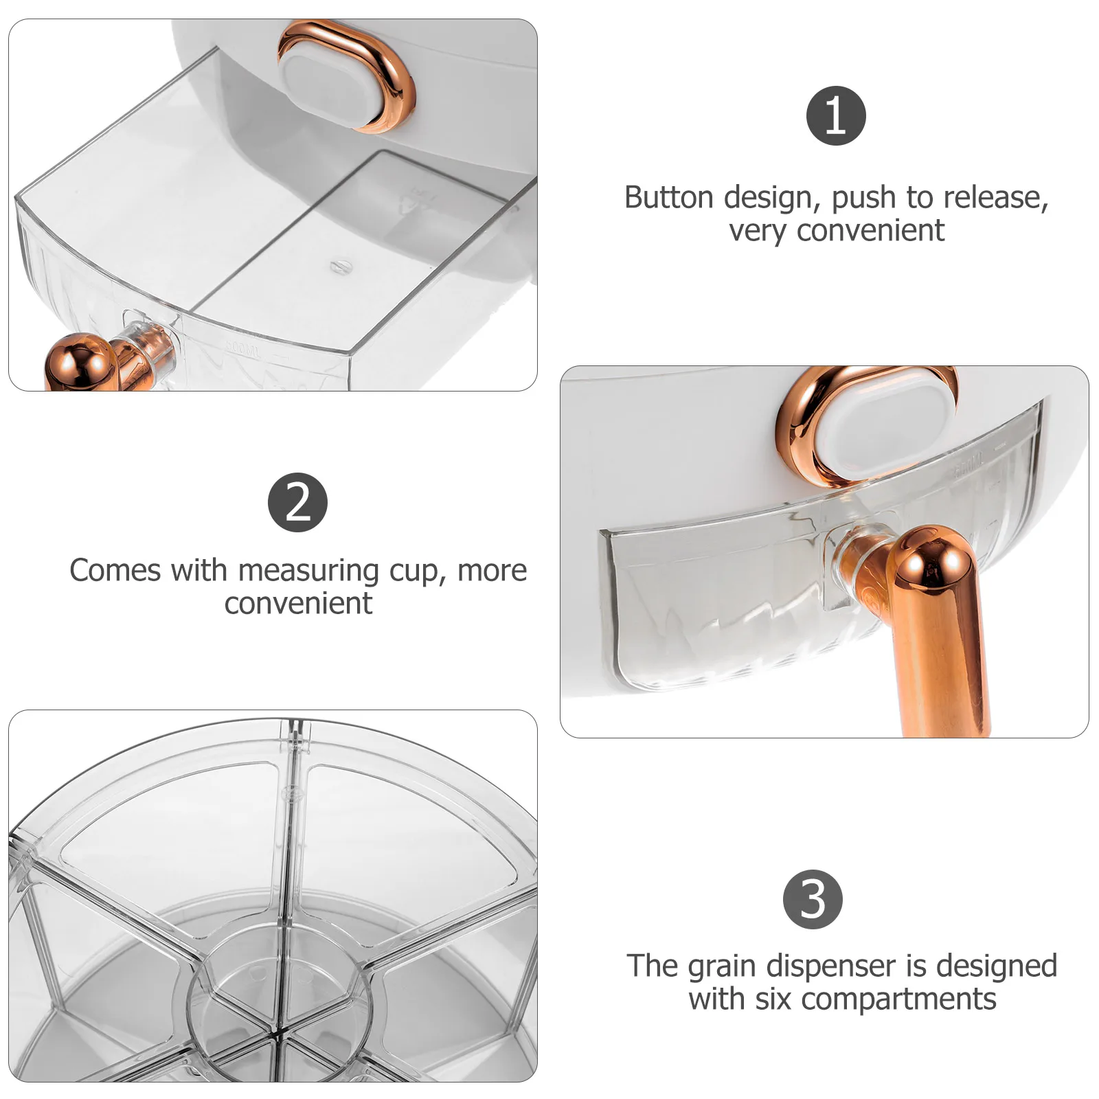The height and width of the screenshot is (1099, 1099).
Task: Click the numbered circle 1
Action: click(835, 115)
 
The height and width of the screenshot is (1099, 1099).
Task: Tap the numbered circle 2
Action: click(297, 502)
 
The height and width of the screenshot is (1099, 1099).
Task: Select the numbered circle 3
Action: click(813, 899)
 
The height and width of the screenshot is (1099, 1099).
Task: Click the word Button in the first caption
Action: click(668, 198)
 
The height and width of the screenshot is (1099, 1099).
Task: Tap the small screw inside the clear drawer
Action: click(337, 266)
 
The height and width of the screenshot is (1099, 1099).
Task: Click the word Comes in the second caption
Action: click(116, 571)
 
